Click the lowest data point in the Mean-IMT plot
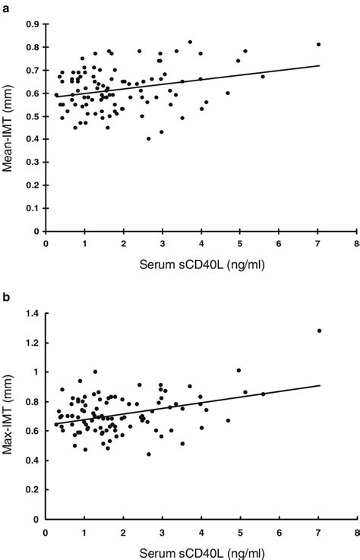pyautogui.click(x=148, y=138)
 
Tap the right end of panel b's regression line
pyautogui.click(x=320, y=385)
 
